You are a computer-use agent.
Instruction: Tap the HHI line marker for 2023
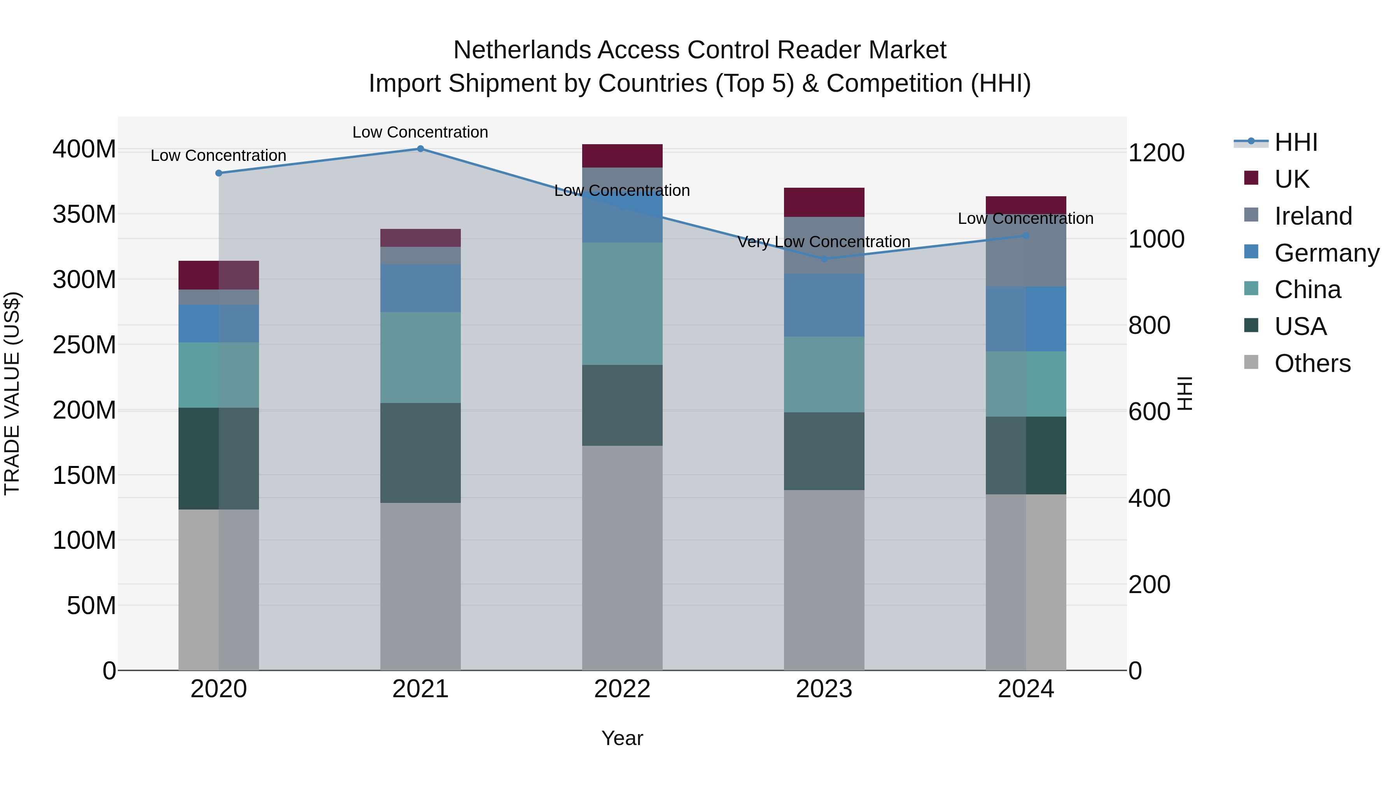(x=824, y=259)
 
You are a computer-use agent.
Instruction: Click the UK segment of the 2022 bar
(x=622, y=156)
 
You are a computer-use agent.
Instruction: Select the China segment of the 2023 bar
(x=824, y=374)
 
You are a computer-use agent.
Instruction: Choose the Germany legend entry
(x=1326, y=253)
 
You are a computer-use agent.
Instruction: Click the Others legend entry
(x=1312, y=363)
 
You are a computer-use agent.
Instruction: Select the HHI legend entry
(x=1296, y=142)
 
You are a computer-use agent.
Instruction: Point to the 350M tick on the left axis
(x=84, y=215)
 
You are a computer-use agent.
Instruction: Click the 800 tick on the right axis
(x=1149, y=325)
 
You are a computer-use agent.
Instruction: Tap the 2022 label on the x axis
(x=622, y=689)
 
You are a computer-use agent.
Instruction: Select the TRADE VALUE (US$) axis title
(x=12, y=393)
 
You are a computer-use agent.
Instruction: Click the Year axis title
(x=622, y=738)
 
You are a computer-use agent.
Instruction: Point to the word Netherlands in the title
(x=522, y=50)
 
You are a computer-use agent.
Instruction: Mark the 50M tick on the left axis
(x=91, y=606)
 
